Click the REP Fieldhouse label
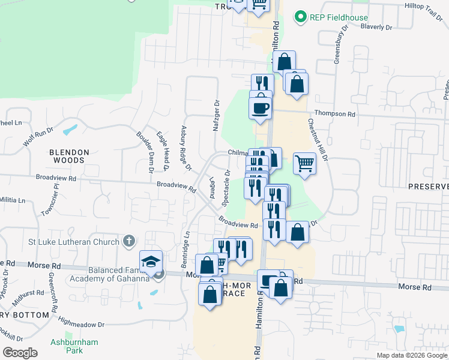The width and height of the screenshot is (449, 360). pyautogui.click(x=339, y=17)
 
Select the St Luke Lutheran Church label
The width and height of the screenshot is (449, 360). pyautogui.click(x=74, y=241)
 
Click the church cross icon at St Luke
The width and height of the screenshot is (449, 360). pyautogui.click(x=127, y=241)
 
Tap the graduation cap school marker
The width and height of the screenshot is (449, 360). pyautogui.click(x=151, y=262)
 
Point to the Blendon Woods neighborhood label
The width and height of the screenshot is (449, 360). pyautogui.click(x=69, y=156)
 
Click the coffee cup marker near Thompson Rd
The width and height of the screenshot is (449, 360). pyautogui.click(x=261, y=107)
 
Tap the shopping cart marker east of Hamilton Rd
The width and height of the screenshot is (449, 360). pyautogui.click(x=305, y=162)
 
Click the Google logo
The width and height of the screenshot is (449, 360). pyautogui.click(x=20, y=353)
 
